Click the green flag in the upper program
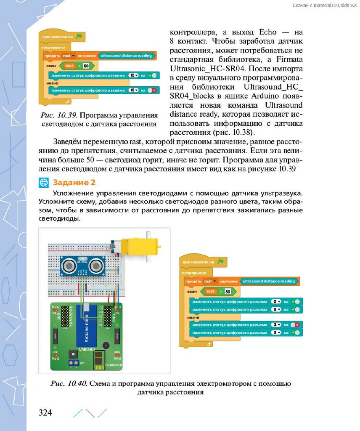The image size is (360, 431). click(x=79, y=37)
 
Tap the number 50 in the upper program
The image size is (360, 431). click(x=86, y=66)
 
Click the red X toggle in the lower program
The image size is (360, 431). click(x=296, y=325)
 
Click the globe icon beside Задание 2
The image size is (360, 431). click(x=44, y=182)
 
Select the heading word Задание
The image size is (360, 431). click(x=68, y=182)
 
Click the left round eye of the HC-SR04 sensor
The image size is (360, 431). click(x=69, y=265)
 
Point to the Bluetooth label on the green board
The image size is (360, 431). click(x=112, y=364)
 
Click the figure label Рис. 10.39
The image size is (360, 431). click(x=55, y=115)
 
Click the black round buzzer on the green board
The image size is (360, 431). click(x=105, y=345)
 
